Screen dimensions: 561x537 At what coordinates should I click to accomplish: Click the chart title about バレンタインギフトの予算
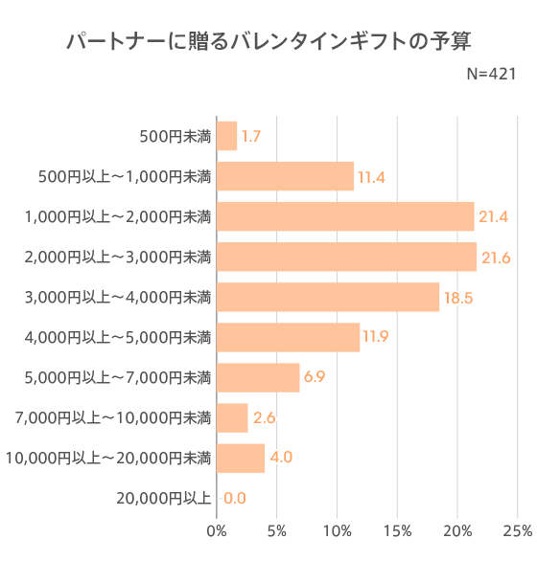pos(268,42)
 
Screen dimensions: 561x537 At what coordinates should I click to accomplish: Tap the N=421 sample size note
pos(491,75)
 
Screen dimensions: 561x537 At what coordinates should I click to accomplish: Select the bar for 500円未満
pos(227,137)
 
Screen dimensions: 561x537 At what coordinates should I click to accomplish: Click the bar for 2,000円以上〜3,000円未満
pos(346,257)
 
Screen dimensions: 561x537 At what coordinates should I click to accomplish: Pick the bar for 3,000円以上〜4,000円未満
pos(328,297)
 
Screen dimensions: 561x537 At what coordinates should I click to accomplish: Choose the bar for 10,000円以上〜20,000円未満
pos(241,458)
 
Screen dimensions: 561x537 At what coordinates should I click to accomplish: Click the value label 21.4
pos(493,217)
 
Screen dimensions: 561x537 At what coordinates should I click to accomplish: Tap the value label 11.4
pos(371,177)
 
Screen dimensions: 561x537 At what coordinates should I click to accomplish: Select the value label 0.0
pos(235,498)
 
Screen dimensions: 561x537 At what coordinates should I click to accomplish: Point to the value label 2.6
pos(265,417)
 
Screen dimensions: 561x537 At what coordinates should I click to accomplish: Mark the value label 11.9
pos(377,337)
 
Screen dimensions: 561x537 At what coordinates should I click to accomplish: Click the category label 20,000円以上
pos(163,498)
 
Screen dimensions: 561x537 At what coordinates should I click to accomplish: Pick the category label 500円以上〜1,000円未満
pos(124,177)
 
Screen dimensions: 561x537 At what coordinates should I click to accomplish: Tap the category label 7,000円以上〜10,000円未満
pos(113,417)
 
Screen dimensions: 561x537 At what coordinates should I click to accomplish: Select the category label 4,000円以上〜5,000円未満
pos(117,337)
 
